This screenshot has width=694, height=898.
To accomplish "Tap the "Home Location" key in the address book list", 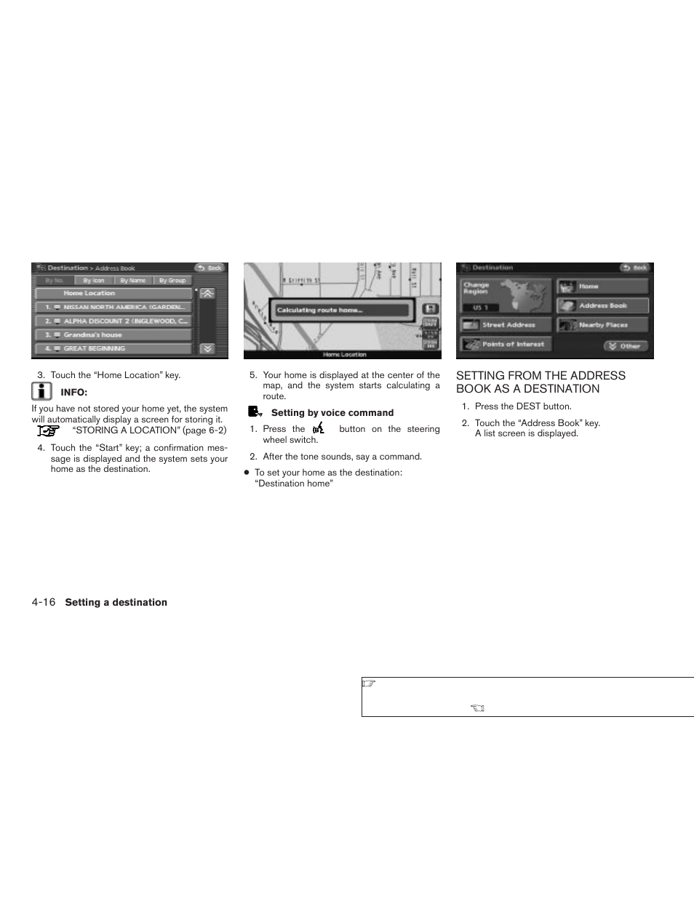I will (x=113, y=294).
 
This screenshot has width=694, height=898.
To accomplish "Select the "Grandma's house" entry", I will (x=113, y=335).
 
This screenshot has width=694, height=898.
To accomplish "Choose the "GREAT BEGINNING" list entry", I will (x=113, y=349).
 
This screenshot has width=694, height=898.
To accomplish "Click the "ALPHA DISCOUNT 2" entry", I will (x=113, y=321).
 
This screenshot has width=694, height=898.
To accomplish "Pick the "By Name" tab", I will (x=133, y=281).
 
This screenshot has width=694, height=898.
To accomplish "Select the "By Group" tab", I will (x=172, y=281).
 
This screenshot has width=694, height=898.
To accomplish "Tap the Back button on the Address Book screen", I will (x=210, y=268).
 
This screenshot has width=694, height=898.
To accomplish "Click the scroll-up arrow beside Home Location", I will (x=207, y=294).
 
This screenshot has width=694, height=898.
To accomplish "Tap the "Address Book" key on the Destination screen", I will (x=602, y=306).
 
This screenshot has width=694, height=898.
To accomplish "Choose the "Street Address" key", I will (x=506, y=325).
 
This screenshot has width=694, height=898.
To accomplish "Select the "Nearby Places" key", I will (x=602, y=325).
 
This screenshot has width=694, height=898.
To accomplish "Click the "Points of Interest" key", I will (x=506, y=345).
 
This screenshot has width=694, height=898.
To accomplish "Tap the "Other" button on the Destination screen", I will (x=625, y=346).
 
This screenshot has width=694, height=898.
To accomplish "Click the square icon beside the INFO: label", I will (x=42, y=392).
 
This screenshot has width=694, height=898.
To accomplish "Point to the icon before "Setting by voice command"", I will (x=255, y=412).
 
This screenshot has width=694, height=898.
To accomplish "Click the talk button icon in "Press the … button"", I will (x=318, y=429).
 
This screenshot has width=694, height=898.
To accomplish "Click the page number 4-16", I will (x=44, y=602).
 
